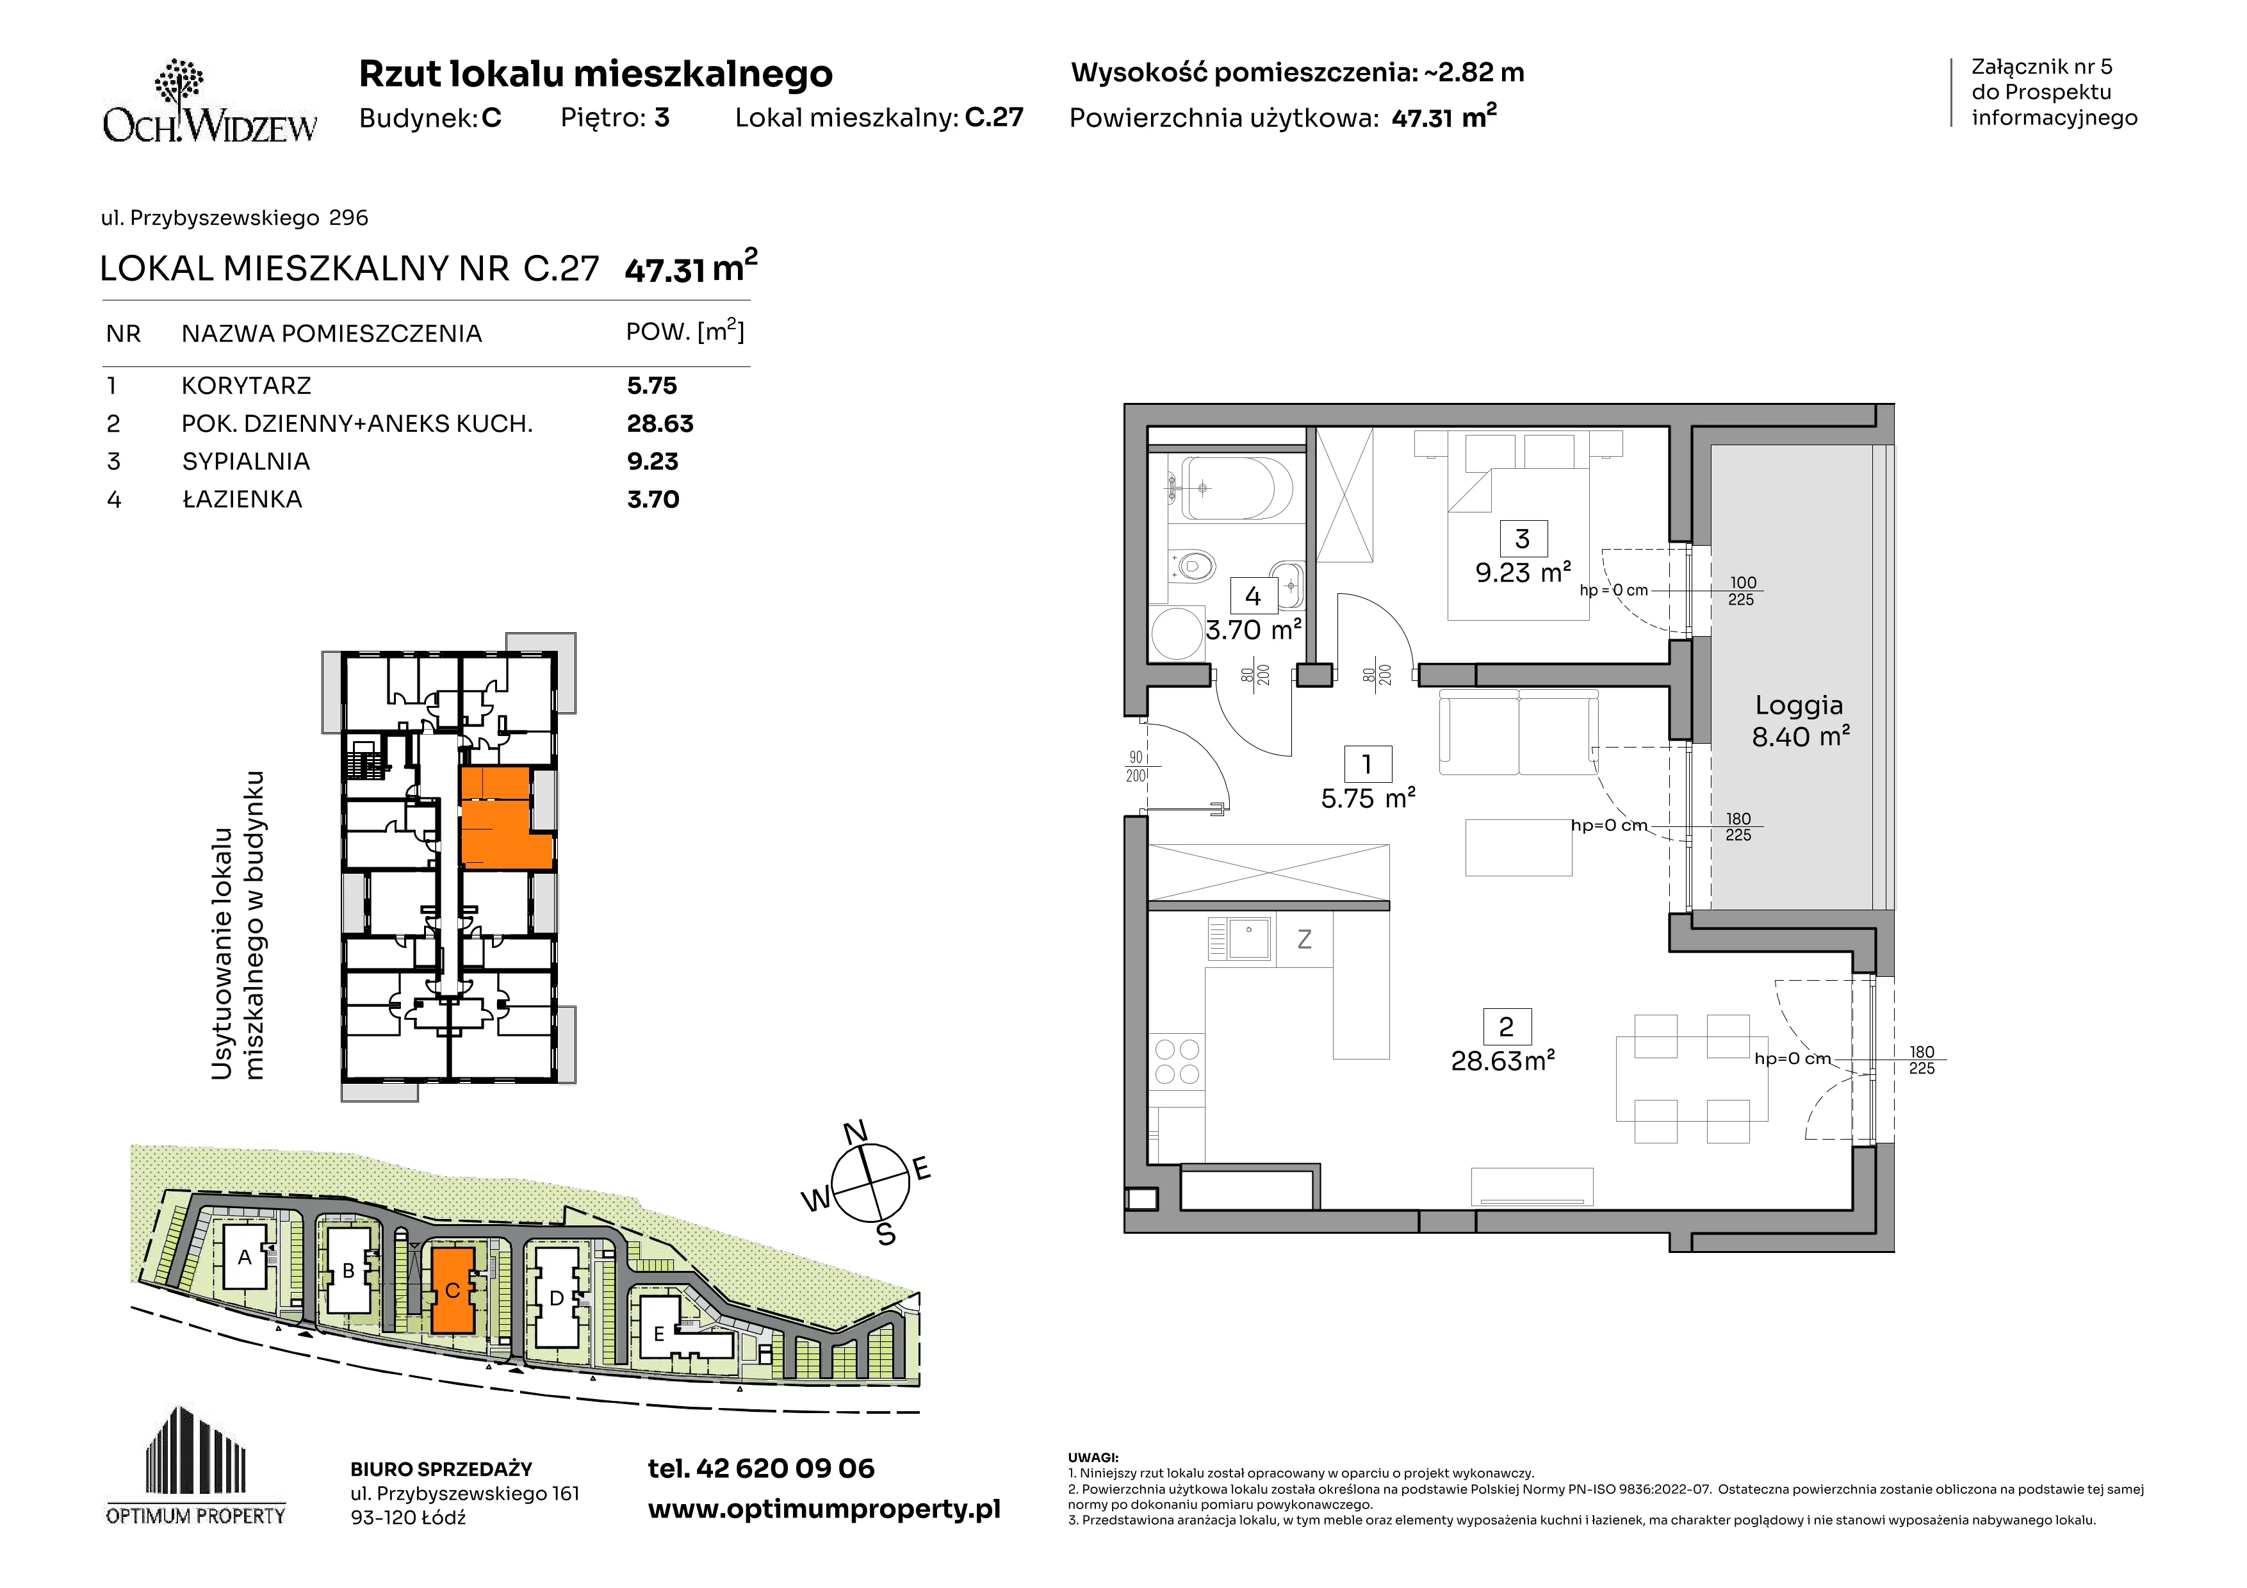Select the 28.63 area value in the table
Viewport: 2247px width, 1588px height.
[660, 423]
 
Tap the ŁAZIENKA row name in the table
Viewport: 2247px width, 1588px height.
[241, 499]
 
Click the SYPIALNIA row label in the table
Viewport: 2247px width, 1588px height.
[245, 461]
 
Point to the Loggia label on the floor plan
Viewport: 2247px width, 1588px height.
[1799, 705]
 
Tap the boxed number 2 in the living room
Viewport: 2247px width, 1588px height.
[1506, 1026]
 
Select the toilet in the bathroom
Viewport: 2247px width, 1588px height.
[1190, 566]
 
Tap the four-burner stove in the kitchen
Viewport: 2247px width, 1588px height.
[1177, 1061]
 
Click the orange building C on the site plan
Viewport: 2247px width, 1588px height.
[452, 1289]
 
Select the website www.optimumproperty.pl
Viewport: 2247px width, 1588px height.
[824, 1510]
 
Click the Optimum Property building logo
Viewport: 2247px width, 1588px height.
[196, 1465]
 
